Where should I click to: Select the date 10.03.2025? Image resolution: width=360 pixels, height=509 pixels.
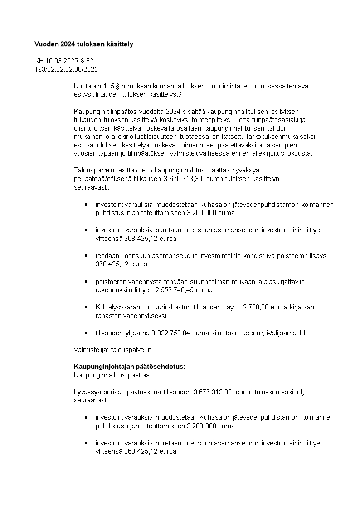[x=61, y=61]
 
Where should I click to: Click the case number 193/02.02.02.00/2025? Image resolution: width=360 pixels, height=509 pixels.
[x=66, y=69]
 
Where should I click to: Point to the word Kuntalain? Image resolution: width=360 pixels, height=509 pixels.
[x=87, y=86]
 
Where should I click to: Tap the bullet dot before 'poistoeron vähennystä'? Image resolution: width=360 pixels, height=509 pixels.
[x=86, y=282]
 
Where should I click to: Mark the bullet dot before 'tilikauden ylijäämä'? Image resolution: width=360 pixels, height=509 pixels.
[x=86, y=333]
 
